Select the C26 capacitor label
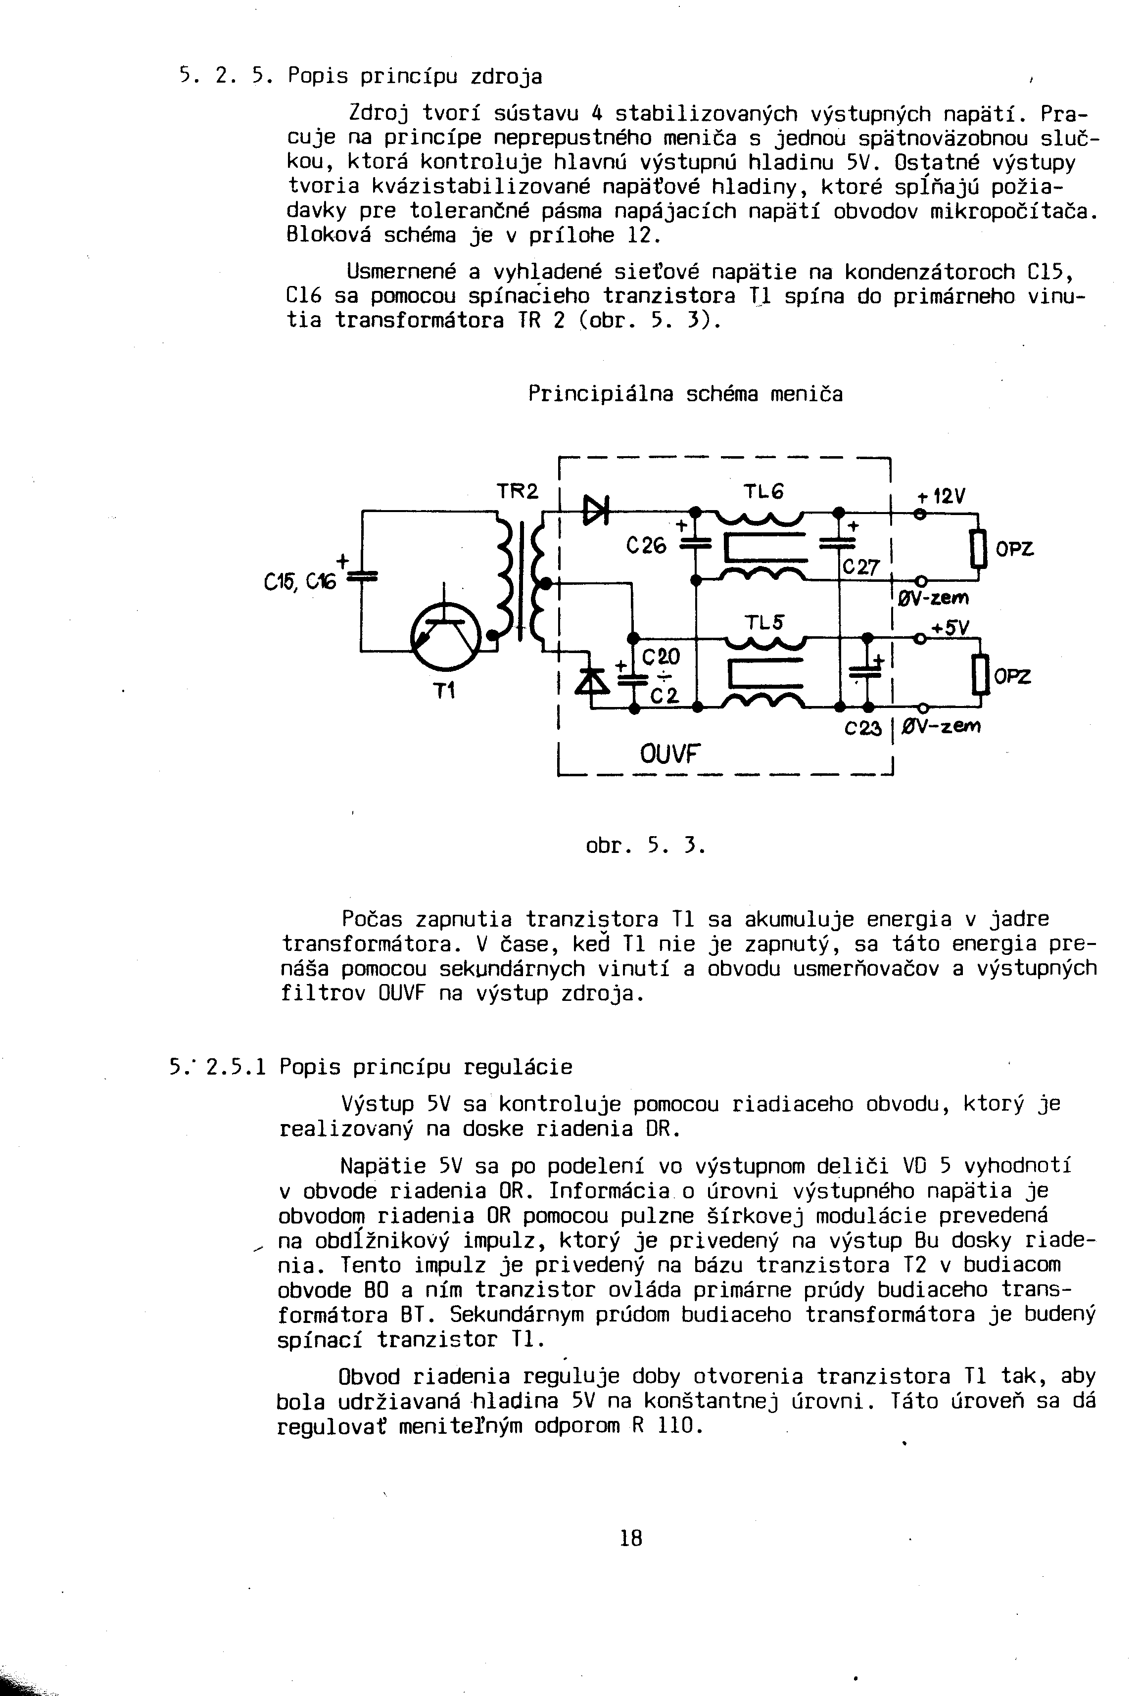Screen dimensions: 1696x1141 coord(646,546)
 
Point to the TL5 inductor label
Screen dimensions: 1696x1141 coord(763,623)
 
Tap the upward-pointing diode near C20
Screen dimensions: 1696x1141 coord(592,682)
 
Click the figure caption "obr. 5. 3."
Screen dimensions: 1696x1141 coord(645,846)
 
